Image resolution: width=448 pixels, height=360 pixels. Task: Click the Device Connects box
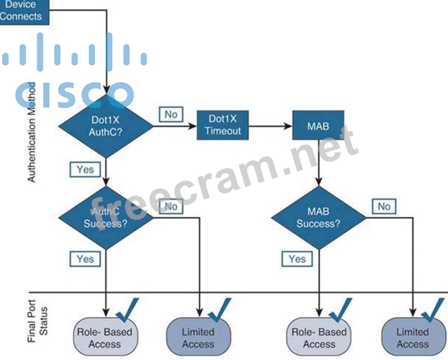(x=21, y=10)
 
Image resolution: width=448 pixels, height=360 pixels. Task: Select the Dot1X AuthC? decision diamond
(x=106, y=126)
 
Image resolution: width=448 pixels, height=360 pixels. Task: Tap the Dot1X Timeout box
(x=223, y=125)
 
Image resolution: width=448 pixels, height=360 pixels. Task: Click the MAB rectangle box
(x=318, y=125)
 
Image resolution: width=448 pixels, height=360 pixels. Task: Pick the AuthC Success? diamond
(x=106, y=217)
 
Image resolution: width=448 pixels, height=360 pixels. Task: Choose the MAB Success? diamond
(x=318, y=217)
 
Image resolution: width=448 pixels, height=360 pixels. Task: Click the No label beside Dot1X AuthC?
(x=171, y=114)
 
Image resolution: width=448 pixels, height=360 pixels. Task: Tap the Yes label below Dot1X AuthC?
(x=85, y=169)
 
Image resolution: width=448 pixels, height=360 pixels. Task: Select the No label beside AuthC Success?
(x=171, y=206)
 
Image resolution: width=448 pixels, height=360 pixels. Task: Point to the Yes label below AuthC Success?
(x=85, y=259)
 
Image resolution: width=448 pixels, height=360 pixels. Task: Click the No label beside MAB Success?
(x=383, y=206)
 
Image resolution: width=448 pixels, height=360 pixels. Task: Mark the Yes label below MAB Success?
(x=297, y=259)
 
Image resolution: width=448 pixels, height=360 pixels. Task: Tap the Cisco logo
(x=74, y=70)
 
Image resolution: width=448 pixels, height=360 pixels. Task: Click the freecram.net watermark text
(x=225, y=177)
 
